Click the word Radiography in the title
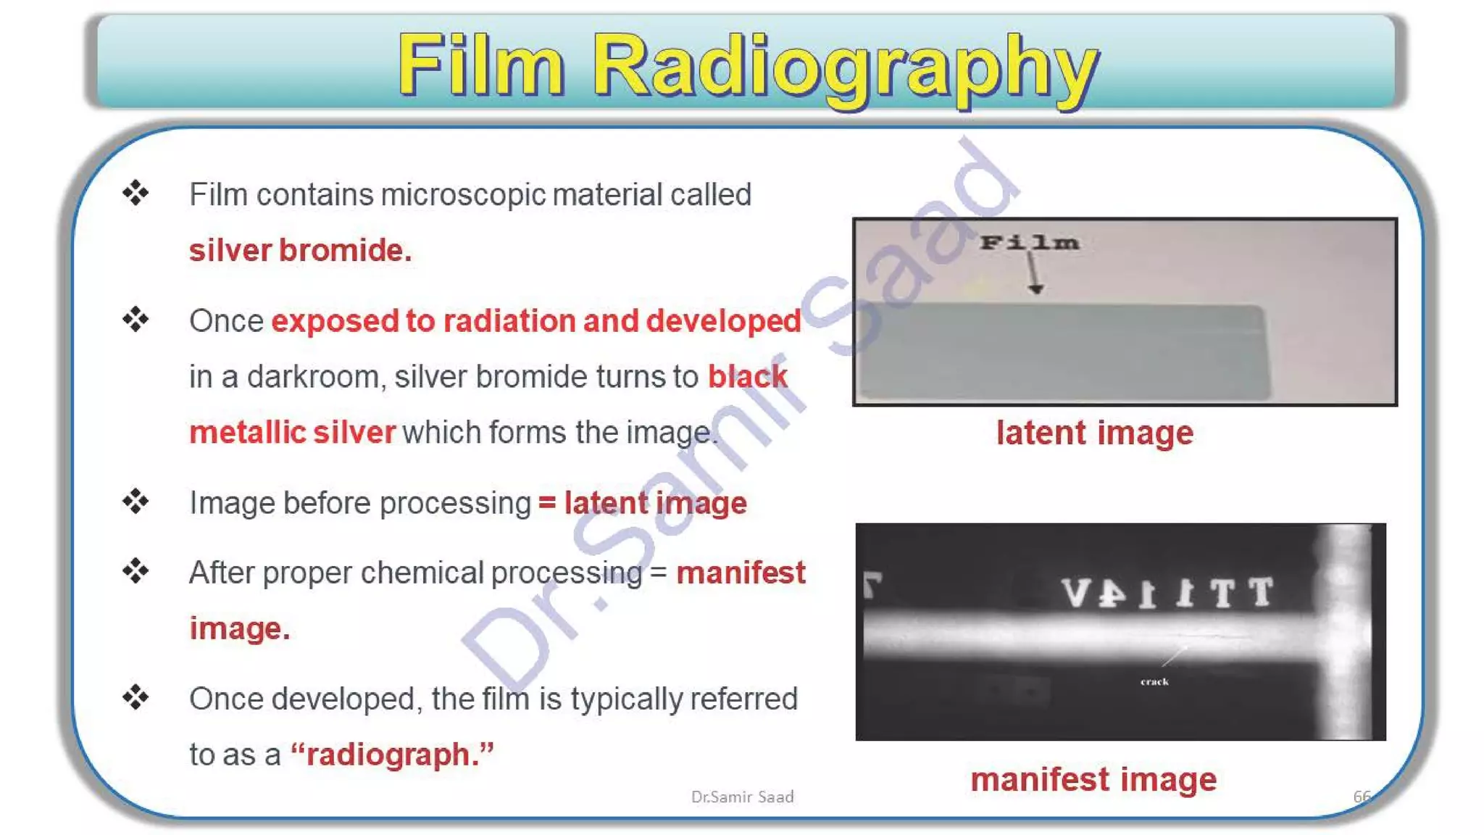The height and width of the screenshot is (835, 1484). tap(846, 67)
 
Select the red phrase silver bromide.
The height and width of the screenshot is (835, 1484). tap(300, 251)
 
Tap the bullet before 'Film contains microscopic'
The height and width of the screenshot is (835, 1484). tap(136, 193)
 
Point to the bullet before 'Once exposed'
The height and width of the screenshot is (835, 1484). tap(136, 319)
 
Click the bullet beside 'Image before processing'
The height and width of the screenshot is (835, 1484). tap(136, 501)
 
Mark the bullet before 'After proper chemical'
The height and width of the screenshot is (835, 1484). tap(136, 571)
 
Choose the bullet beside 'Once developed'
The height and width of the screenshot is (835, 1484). tap(136, 697)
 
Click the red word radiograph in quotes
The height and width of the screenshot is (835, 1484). tap(392, 755)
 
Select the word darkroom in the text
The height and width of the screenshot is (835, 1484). tap(313, 377)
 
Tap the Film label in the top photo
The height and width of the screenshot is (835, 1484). tap(1029, 243)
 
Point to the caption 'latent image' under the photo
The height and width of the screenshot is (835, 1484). tap(1094, 433)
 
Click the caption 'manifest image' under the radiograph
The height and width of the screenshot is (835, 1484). tap(1093, 780)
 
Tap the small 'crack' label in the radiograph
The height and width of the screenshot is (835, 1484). tap(1154, 681)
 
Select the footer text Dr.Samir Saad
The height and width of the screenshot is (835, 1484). tap(742, 797)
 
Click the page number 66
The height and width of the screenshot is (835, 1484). tap(1362, 797)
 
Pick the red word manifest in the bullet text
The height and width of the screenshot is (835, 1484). tap(741, 573)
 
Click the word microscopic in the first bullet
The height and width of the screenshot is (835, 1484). tap(464, 195)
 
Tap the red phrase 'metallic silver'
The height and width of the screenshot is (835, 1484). tap(292, 433)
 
